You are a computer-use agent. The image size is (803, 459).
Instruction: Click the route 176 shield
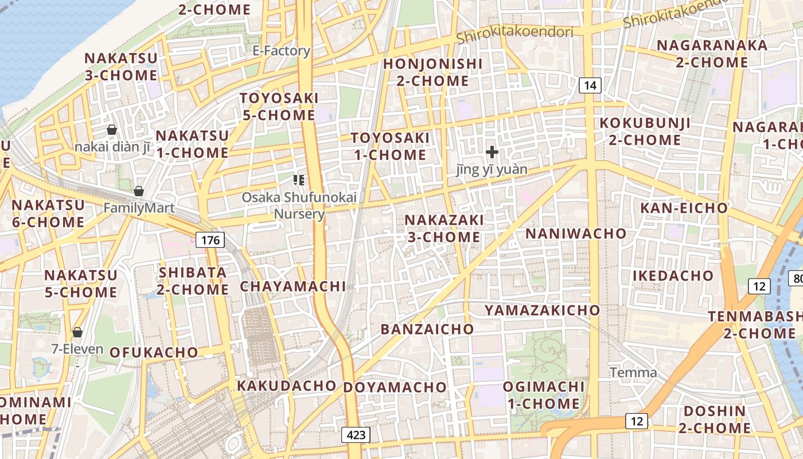pos(211,240)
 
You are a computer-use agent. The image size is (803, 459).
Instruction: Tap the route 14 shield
pos(590,86)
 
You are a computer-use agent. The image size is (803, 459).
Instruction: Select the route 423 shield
pos(356,435)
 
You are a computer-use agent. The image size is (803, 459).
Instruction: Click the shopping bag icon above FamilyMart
pos(138,191)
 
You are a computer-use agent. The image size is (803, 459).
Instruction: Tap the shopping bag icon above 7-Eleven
pos(77,332)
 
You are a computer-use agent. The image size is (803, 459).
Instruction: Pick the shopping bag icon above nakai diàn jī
pos(112,130)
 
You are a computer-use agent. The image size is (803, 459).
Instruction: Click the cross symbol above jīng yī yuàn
pos(492,152)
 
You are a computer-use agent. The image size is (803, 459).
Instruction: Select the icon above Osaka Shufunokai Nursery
pos(298,180)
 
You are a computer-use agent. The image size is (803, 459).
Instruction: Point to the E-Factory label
pos(281,50)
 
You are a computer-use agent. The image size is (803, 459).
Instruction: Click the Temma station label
pos(633,372)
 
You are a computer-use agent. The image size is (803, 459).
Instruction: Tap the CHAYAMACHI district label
pos(293,286)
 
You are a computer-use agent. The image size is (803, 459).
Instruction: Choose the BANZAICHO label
pos(427,329)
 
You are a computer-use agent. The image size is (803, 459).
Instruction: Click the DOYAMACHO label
pos(395,387)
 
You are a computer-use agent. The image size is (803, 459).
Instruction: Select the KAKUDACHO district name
pos(286,386)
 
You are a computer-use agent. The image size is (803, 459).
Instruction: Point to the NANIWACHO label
pos(576,234)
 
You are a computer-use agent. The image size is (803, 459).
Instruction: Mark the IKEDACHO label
pos(673,275)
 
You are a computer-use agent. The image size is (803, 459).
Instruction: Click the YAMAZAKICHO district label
pos(542,310)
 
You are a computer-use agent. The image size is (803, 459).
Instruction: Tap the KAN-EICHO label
pos(684,208)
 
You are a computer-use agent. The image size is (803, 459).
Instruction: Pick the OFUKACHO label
pos(154,352)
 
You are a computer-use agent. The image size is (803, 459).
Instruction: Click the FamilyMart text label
pos(139,208)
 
